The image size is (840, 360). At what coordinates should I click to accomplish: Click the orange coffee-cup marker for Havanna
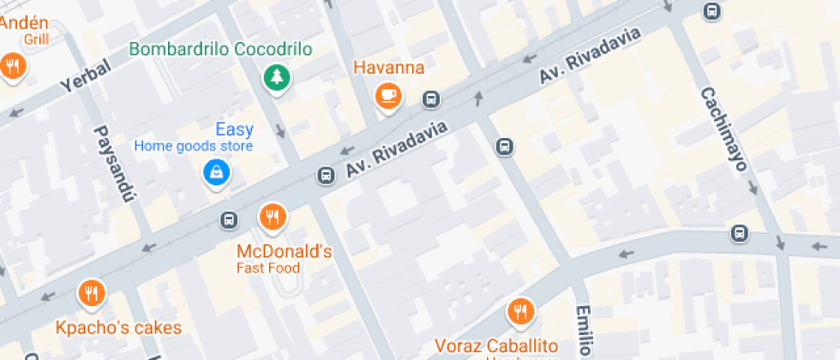[388, 94]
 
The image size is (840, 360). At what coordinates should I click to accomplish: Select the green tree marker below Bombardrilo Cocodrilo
[277, 78]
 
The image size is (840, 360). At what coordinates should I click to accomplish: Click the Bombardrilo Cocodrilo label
[220, 49]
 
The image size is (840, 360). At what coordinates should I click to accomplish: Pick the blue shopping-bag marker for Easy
[216, 173]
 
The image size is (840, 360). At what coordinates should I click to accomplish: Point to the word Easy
[234, 130]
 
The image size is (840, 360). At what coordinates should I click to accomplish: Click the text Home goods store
[194, 147]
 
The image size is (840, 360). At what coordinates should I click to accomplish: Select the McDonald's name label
[284, 251]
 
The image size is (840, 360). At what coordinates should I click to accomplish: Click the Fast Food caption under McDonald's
[268, 268]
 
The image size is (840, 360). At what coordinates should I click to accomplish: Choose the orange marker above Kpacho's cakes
[91, 294]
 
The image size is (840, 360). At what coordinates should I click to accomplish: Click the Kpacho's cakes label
[119, 327]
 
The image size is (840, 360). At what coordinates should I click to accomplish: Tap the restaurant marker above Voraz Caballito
[519, 312]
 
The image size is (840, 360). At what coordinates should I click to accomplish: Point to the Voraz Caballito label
[497, 346]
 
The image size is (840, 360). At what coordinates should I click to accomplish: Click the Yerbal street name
[86, 79]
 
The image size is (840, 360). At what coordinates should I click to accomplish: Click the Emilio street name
[583, 330]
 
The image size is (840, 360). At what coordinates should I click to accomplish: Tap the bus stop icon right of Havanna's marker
[431, 100]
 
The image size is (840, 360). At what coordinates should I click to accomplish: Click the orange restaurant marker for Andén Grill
[13, 66]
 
